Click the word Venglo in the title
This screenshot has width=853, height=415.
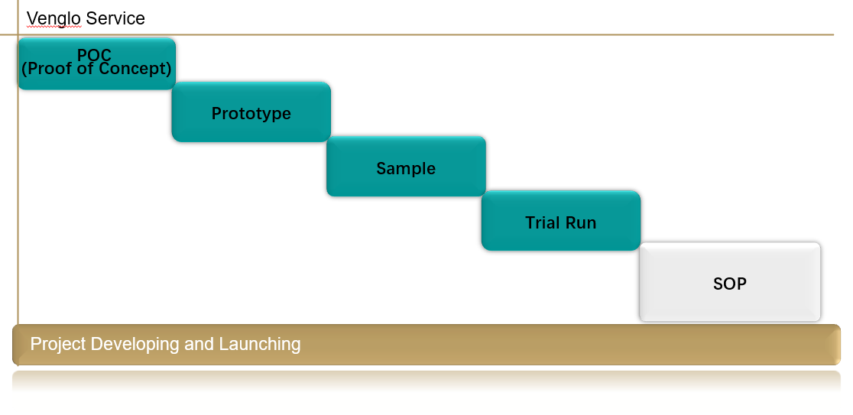point(54,18)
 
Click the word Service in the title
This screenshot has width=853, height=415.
point(115,18)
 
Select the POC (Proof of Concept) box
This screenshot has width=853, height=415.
point(97,63)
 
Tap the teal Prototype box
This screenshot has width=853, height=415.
point(251,112)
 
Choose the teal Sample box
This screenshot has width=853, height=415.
point(406,167)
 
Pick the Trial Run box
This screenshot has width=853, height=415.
point(561,221)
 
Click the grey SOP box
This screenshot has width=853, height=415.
point(730,282)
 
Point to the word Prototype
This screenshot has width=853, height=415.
point(251,114)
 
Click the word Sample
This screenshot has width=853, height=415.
point(406,169)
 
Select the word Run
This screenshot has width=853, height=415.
point(581,223)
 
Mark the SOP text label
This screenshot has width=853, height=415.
point(730,284)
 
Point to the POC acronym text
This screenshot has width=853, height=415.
point(94,54)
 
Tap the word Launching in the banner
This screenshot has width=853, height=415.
point(259,344)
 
